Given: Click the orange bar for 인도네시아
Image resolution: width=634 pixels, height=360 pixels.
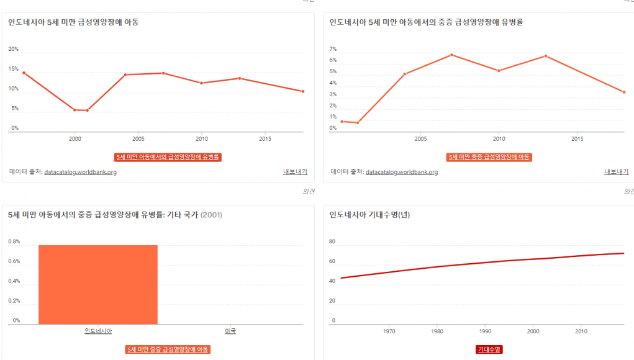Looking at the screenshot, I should [x=97, y=284].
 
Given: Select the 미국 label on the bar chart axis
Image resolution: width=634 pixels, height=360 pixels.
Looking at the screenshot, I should [x=230, y=331].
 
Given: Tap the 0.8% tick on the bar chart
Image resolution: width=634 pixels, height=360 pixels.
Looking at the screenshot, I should [x=14, y=241].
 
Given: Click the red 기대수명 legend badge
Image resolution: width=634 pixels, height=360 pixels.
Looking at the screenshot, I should [x=489, y=349].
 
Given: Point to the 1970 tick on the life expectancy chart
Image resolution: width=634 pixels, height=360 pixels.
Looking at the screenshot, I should [x=389, y=331].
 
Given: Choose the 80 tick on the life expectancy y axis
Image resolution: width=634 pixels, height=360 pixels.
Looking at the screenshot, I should [x=333, y=241].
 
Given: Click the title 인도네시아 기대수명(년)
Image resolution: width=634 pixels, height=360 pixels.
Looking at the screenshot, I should [x=369, y=215].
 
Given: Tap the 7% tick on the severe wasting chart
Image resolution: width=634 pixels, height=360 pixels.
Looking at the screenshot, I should [x=333, y=49].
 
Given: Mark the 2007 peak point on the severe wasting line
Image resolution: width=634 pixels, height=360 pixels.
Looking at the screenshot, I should [x=451, y=55].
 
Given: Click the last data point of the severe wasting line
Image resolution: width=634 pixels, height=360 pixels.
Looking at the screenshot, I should [x=623, y=92].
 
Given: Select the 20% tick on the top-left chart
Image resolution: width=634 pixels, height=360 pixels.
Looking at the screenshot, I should [x=14, y=49].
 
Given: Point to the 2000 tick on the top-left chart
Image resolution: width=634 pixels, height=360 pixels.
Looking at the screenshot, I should [x=75, y=138].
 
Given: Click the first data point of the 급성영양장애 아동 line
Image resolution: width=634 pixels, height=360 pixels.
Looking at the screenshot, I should [x=24, y=73].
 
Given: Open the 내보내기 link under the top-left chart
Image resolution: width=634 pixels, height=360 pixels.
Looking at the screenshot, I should [x=295, y=172].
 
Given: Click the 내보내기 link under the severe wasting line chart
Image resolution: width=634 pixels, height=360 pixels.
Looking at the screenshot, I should [x=616, y=172].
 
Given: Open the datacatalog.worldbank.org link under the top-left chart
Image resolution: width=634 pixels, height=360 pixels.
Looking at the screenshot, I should [x=80, y=172].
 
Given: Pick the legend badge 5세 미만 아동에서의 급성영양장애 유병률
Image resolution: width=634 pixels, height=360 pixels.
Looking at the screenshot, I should [x=168, y=157].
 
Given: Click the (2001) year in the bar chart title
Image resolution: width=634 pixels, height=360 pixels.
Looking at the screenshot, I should [x=211, y=215].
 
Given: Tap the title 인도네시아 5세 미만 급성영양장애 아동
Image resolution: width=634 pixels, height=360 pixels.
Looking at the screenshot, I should [x=73, y=22].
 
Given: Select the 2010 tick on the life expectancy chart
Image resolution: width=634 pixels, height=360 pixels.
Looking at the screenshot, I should [x=581, y=331].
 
